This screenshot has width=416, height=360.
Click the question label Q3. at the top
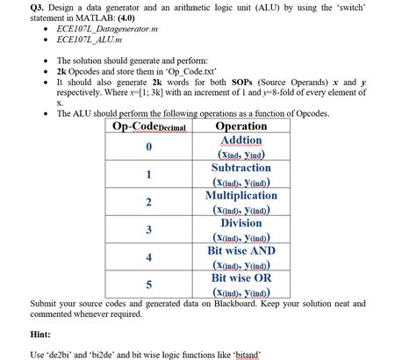pos(39,6)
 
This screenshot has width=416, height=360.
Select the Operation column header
pos(240,126)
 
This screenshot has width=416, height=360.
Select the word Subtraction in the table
pos(240,167)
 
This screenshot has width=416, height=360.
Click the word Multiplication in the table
pos(240,195)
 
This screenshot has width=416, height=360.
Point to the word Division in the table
pos(240,222)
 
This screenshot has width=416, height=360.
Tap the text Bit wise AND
pos(240,250)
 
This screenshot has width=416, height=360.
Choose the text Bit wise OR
pos(240,277)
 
